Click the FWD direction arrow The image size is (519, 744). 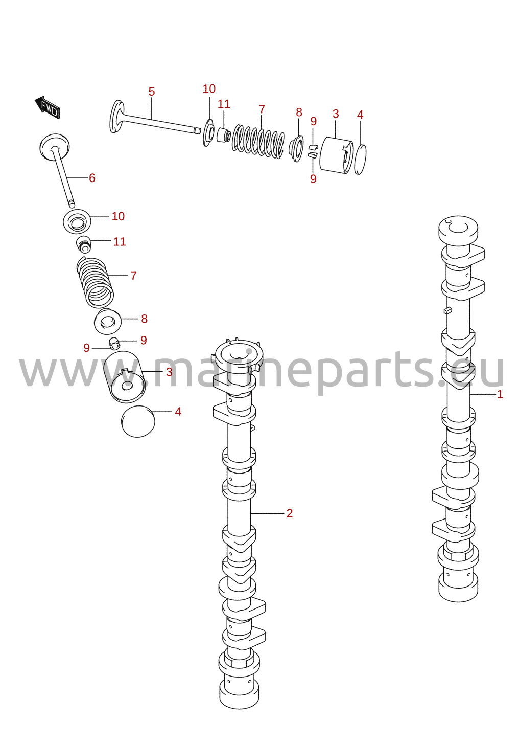(47, 107)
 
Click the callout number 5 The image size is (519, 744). (152, 92)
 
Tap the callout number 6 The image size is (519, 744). (92, 178)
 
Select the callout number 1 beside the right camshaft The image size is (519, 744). (500, 395)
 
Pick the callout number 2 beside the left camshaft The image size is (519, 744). (289, 513)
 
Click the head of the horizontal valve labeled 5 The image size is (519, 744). (116, 117)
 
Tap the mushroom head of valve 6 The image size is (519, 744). (55, 147)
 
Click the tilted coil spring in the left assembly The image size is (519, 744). (95, 282)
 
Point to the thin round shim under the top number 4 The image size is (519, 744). (360, 160)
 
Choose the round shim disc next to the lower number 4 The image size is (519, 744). (138, 421)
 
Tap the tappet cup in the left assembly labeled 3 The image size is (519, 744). (124, 377)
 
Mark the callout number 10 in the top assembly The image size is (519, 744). (209, 88)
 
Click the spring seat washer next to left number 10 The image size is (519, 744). (77, 221)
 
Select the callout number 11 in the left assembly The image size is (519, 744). (120, 242)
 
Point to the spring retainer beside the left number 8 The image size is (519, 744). (107, 321)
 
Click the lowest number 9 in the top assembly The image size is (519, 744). (313, 178)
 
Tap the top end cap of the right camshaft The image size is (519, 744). (458, 230)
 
